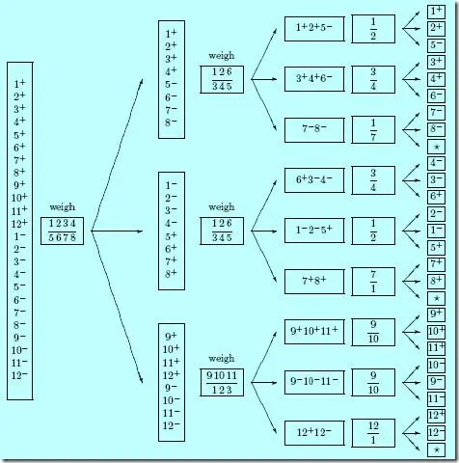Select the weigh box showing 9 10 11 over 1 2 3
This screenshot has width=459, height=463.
(x=222, y=381)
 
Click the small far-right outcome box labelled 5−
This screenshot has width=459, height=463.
(x=436, y=45)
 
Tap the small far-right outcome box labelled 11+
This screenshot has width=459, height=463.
(x=436, y=347)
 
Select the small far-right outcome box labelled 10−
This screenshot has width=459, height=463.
(x=436, y=366)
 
